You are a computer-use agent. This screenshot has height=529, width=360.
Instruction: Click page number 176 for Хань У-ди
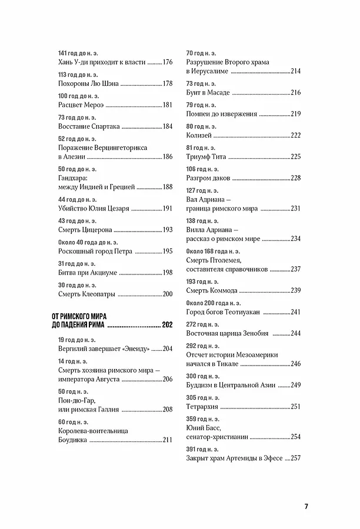point(167,63)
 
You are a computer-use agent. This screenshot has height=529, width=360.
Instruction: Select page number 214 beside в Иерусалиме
point(295,72)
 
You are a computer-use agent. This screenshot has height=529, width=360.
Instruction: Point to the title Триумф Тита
point(206,157)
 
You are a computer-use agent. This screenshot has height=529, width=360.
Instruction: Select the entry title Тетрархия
point(204,407)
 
